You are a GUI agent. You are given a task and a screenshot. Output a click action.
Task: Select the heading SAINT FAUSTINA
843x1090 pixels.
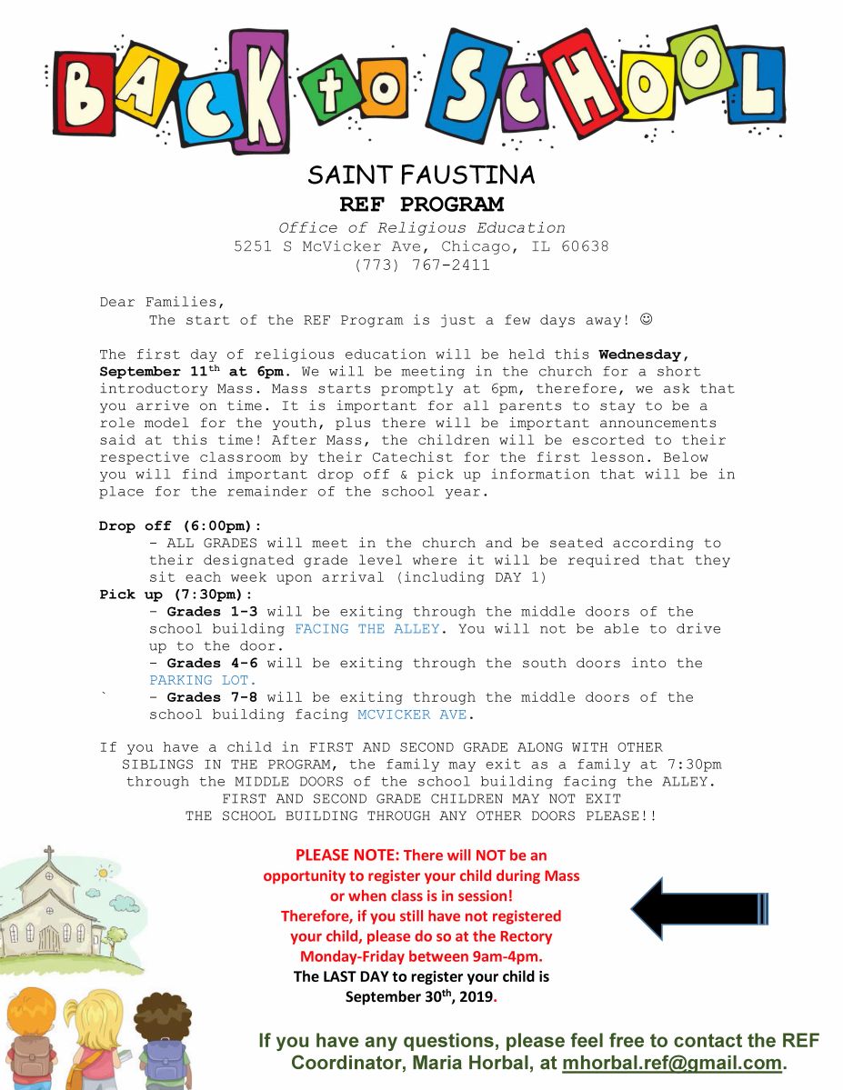[421, 175]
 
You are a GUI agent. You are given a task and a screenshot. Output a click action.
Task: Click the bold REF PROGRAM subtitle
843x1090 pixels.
[421, 204]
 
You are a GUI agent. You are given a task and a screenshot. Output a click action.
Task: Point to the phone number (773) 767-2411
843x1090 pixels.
[421, 265]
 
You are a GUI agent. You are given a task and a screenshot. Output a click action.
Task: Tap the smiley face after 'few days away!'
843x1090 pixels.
[647, 320]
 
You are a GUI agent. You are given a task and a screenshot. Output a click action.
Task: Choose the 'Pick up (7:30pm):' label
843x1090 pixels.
[176, 595]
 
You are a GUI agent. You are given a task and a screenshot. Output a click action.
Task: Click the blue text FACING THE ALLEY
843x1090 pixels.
[366, 629]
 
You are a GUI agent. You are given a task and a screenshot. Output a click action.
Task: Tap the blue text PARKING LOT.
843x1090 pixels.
[203, 680]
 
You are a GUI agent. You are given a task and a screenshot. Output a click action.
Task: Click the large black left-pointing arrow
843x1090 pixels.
[698, 908]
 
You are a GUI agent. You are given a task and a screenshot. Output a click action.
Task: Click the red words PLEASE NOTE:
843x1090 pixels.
[346, 855]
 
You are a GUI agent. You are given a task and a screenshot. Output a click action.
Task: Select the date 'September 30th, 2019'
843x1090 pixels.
[419, 996]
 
